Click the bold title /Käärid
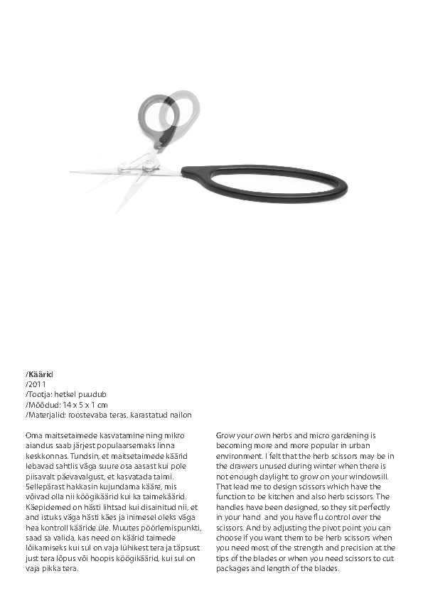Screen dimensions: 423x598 (40, 374)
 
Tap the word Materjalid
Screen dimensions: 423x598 (46, 414)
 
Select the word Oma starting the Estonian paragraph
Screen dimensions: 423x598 (33, 435)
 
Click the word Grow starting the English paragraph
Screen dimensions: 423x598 (226, 435)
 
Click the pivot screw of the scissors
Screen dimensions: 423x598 (149, 166)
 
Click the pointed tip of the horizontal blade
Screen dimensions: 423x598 (72, 171)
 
